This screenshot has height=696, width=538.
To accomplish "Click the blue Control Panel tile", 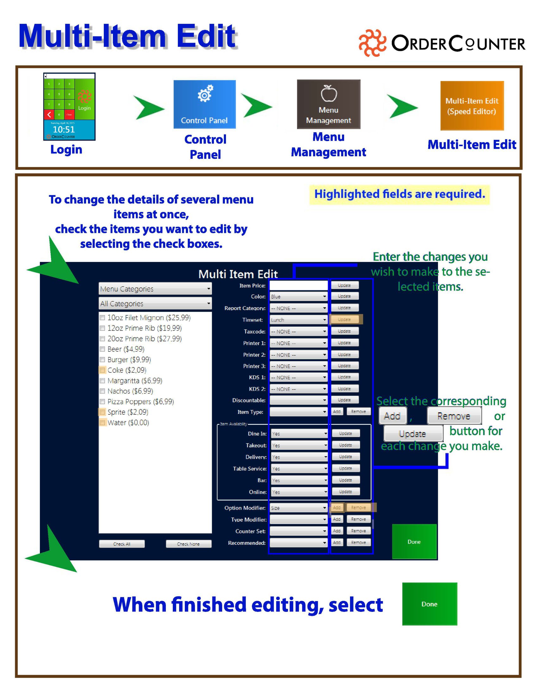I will point(204,104).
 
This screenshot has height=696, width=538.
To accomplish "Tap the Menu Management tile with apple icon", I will point(328,104).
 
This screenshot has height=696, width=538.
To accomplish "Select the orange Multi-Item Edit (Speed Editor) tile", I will point(472,105).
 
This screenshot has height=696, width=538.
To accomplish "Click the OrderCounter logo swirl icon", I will point(372,43).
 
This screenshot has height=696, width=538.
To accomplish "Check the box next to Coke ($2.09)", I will point(102,370).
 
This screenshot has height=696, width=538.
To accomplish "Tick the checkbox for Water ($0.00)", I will point(102,423).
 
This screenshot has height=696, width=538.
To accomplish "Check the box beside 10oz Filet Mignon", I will point(102,317).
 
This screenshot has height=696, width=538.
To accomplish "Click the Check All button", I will point(122,544).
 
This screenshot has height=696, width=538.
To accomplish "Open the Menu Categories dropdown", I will point(155,289).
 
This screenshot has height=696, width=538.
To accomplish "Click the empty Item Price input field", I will point(298,285).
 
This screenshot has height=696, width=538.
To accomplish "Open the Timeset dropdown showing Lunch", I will point(298,320).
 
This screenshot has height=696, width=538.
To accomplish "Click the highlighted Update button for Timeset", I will point(344,319).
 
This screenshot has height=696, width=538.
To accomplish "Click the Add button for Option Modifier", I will point(337,507).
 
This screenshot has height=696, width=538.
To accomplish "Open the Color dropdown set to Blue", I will point(298,296).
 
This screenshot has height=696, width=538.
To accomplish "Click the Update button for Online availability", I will point(346,491).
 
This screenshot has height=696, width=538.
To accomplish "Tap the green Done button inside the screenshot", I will point(414,541).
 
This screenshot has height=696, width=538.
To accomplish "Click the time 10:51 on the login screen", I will point(64,129).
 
